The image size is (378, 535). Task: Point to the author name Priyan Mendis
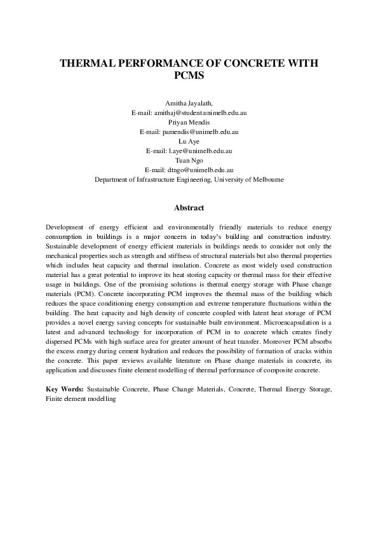[x=189, y=122]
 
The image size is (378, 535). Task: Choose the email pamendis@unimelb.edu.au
[x=199, y=132]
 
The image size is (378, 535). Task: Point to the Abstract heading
[x=189, y=208]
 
